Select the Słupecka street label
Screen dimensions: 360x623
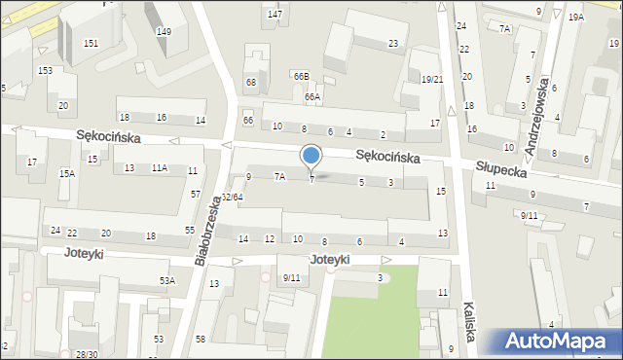[501, 168]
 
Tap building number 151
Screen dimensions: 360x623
[91, 44]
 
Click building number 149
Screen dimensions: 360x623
[164, 32]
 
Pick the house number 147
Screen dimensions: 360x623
[275, 15]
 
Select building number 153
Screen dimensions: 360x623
[45, 71]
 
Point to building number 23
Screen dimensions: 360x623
[393, 44]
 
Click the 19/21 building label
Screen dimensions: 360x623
[432, 80]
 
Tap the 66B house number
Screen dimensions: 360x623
[301, 76]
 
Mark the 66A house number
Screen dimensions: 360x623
[311, 97]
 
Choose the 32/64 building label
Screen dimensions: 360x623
[232, 198]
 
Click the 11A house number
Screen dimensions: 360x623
[159, 168]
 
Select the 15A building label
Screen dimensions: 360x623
[66, 173]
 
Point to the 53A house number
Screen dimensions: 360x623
[167, 280]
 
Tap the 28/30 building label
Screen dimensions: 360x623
[88, 354]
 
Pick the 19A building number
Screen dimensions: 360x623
[576, 18]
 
